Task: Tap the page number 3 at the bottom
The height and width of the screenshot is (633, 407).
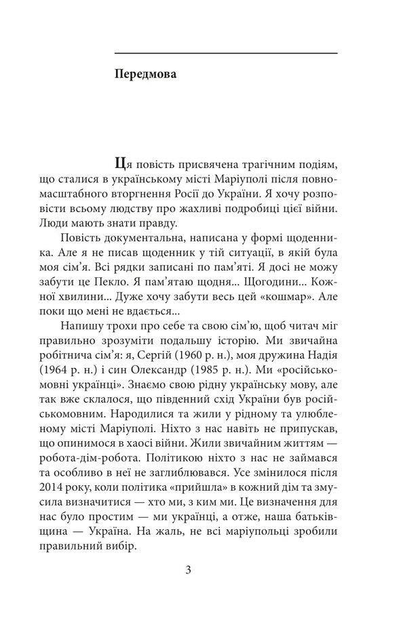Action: click(x=188, y=569)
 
